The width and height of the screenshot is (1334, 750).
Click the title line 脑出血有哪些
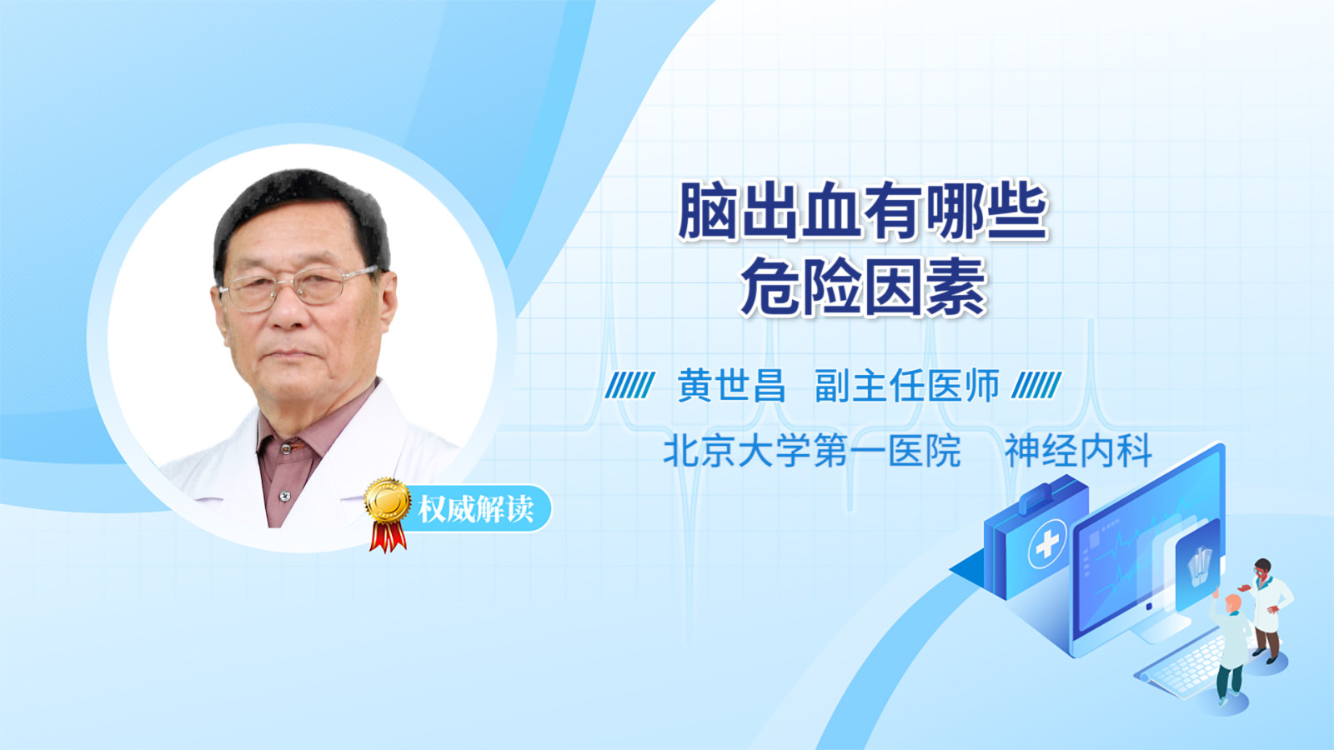pos(863,212)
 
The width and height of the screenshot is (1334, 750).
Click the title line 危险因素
pos(863,287)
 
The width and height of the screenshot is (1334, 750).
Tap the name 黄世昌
pos(731,386)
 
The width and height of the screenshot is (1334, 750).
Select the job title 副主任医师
pos(907,386)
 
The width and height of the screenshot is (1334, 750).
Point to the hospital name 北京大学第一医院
pos(812,451)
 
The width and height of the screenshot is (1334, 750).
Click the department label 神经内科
pos(1078,451)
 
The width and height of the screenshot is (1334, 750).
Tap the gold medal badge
pos(388,501)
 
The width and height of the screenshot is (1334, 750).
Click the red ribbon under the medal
pos(388,537)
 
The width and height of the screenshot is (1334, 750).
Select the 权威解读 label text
pos(475,509)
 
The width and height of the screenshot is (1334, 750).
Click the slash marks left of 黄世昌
pos(629,385)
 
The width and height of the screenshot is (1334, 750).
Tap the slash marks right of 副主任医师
pos(1036,385)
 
